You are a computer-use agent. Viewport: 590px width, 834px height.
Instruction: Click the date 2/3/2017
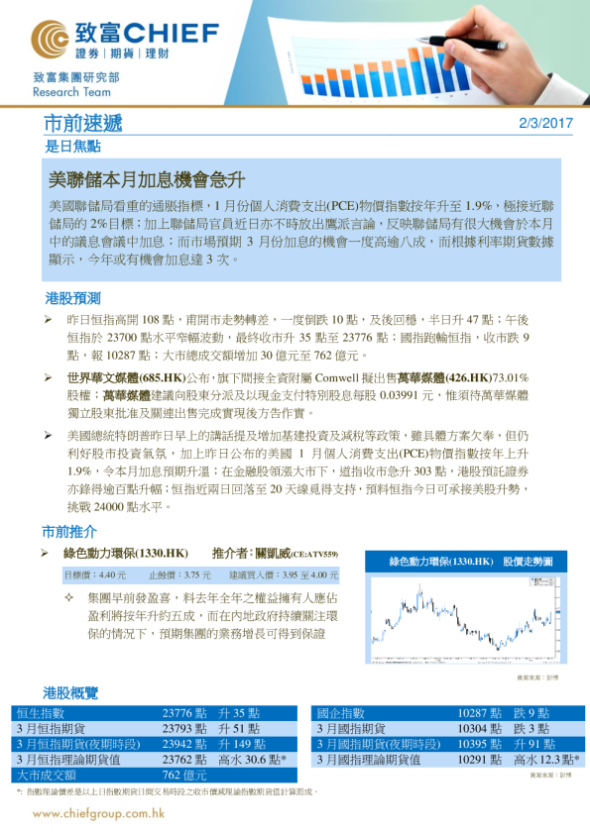pyautogui.click(x=546, y=123)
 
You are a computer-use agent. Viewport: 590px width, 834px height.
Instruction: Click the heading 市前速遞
pyautogui.click(x=84, y=124)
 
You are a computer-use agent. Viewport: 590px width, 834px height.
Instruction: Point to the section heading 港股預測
pyautogui.click(x=72, y=298)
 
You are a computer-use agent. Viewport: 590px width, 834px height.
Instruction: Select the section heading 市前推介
pyautogui.click(x=71, y=530)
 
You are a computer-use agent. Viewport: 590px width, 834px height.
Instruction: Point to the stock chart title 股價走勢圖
pyautogui.click(x=529, y=562)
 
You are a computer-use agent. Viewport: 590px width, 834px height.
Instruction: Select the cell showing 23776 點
pyautogui.click(x=184, y=713)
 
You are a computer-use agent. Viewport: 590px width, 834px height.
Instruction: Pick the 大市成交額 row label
pyautogui.click(x=48, y=775)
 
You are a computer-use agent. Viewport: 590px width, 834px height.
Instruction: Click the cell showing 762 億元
pyautogui.click(x=184, y=775)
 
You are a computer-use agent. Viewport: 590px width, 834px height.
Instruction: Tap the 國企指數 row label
pyautogui.click(x=340, y=713)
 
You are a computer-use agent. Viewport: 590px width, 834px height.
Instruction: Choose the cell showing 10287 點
pyautogui.click(x=481, y=713)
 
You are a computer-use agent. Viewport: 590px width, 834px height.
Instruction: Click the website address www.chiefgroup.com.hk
pyautogui.click(x=98, y=813)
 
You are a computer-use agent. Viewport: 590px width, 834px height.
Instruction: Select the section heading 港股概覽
pyautogui.click(x=71, y=691)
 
